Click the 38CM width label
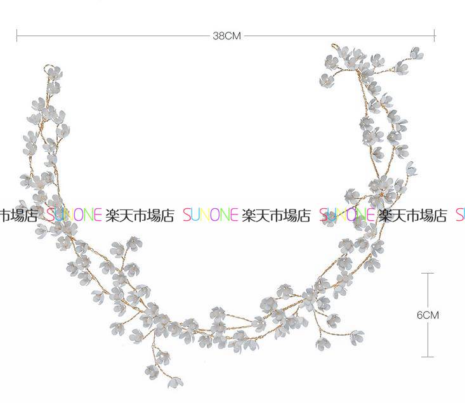click(x=226, y=36)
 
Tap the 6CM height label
click(x=428, y=315)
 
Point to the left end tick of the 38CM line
click(x=17, y=36)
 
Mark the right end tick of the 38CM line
click(x=435, y=36)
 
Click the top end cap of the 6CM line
click(x=428, y=273)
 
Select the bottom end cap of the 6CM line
click(x=428, y=357)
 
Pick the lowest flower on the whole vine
click(x=175, y=382)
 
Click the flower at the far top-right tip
click(x=417, y=53)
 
